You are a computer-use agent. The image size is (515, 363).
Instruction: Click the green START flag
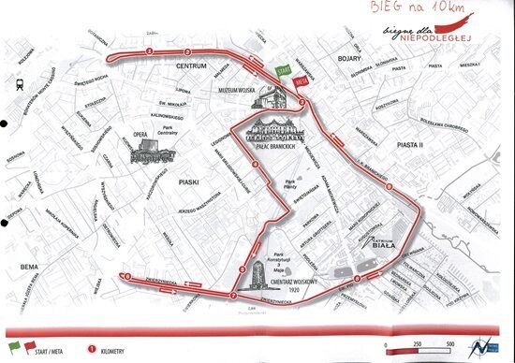coord(284,71)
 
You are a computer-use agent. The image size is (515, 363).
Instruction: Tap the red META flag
coord(301,81)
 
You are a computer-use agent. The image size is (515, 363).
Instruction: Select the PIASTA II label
coord(411,145)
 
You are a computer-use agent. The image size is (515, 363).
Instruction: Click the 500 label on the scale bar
coord(452,344)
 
